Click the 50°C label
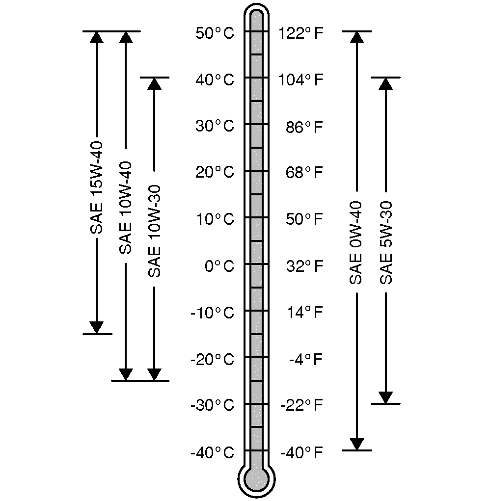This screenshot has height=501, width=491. click(x=215, y=33)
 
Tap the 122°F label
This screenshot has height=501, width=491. click(x=301, y=33)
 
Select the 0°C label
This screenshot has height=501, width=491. click(x=219, y=266)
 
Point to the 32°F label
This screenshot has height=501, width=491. click(x=304, y=266)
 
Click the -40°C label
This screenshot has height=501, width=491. click(x=213, y=452)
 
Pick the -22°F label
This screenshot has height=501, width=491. click(x=302, y=405)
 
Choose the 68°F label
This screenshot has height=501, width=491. click(x=304, y=173)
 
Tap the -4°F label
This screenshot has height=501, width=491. click(x=306, y=359)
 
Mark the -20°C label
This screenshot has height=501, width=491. click(x=213, y=360)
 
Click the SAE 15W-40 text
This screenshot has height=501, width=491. click(x=96, y=187)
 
